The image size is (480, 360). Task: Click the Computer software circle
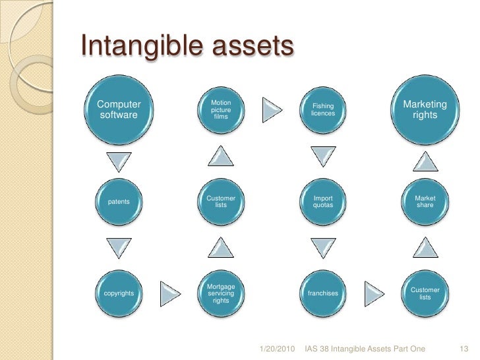(119, 110)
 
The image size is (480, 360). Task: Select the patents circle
(119, 201)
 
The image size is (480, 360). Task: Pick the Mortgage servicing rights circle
(221, 293)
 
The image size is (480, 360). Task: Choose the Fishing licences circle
(323, 110)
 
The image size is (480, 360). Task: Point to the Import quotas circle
(323, 201)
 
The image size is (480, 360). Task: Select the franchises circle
(323, 292)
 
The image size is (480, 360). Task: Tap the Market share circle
(425, 201)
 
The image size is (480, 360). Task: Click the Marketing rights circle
(425, 110)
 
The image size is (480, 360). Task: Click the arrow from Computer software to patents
(119, 159)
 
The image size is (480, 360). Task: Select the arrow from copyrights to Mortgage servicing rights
(170, 292)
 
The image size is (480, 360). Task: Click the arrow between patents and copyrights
(119, 248)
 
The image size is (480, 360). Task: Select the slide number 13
(462, 347)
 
